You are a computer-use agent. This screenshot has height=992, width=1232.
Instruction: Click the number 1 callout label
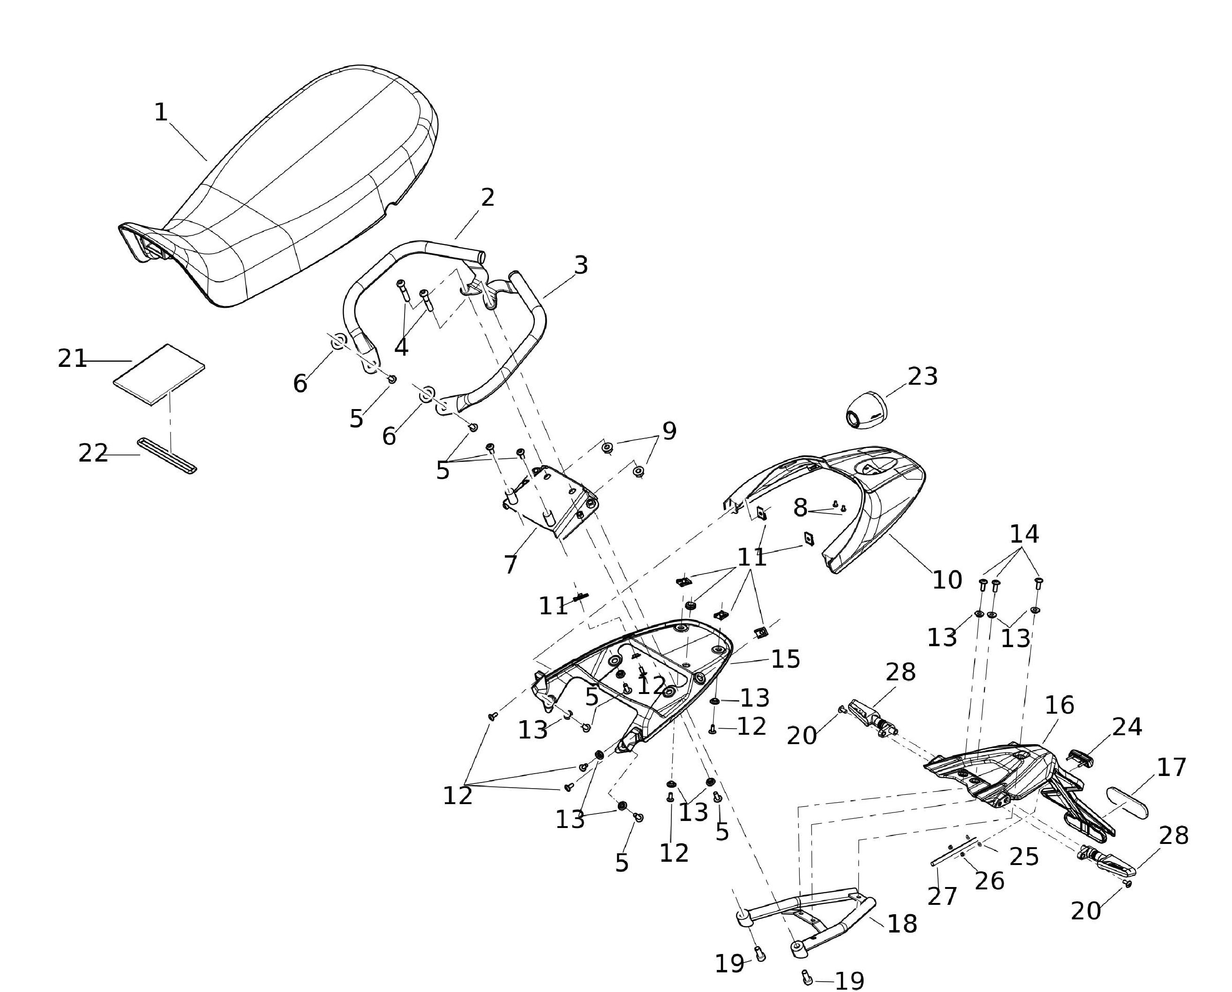point(161,112)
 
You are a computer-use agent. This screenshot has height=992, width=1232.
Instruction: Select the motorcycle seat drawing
point(286,188)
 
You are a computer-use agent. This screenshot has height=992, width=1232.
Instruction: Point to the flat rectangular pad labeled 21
point(158,375)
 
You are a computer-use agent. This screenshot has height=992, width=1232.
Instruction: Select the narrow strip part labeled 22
point(167,456)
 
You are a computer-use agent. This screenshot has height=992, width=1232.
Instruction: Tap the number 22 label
point(93,454)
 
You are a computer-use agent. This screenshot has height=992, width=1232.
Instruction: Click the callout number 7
point(511,565)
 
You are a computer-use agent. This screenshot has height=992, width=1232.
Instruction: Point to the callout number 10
point(947,581)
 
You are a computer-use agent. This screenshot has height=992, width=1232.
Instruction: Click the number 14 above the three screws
point(1024,534)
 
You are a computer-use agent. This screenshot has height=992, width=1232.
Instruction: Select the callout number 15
point(786,659)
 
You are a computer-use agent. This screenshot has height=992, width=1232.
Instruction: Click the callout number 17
point(1172,768)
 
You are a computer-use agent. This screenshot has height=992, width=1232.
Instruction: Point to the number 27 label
point(941,896)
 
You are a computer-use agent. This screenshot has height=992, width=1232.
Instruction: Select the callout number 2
point(487,198)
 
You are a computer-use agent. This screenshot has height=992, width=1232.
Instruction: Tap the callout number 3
point(580,265)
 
